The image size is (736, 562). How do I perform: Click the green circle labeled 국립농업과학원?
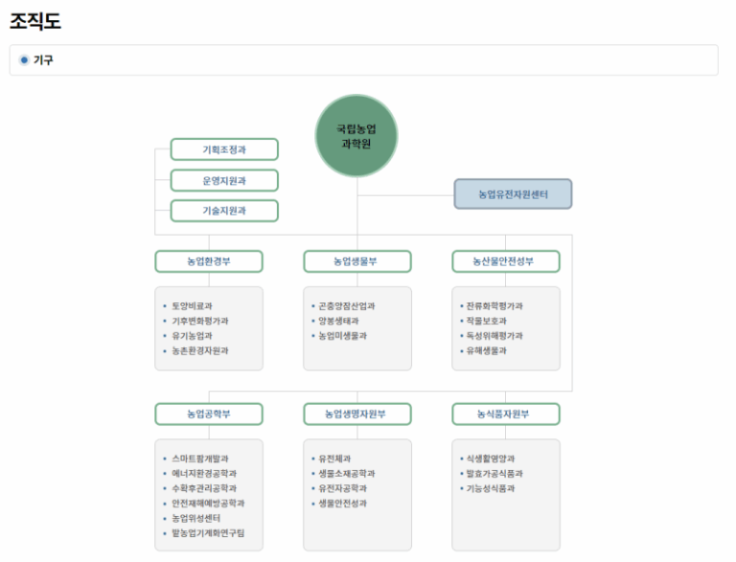click(356, 136)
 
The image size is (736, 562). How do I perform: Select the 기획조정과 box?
click(224, 149)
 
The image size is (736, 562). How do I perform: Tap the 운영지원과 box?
click(224, 181)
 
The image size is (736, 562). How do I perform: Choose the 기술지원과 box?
click(224, 211)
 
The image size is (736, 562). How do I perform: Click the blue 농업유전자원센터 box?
click(513, 193)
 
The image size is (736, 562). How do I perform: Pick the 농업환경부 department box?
click(209, 261)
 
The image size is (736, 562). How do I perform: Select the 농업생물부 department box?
click(357, 261)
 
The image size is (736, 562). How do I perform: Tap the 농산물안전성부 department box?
click(506, 261)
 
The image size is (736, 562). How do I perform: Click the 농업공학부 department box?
click(209, 415)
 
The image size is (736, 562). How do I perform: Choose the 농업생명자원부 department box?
click(357, 415)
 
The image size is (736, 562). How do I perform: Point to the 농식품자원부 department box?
click(506, 415)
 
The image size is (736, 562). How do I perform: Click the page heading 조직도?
click(35, 21)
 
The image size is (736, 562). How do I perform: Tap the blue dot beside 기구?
click(24, 60)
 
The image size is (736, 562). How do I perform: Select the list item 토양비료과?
click(192, 305)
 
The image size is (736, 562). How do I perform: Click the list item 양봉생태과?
click(338, 321)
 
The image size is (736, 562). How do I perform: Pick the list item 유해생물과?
click(486, 350)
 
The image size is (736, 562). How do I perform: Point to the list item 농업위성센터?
click(195, 518)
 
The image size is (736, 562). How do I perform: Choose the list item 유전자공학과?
click(343, 488)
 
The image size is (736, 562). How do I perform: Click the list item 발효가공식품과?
click(494, 473)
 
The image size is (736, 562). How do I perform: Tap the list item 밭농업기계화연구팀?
click(208, 533)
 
